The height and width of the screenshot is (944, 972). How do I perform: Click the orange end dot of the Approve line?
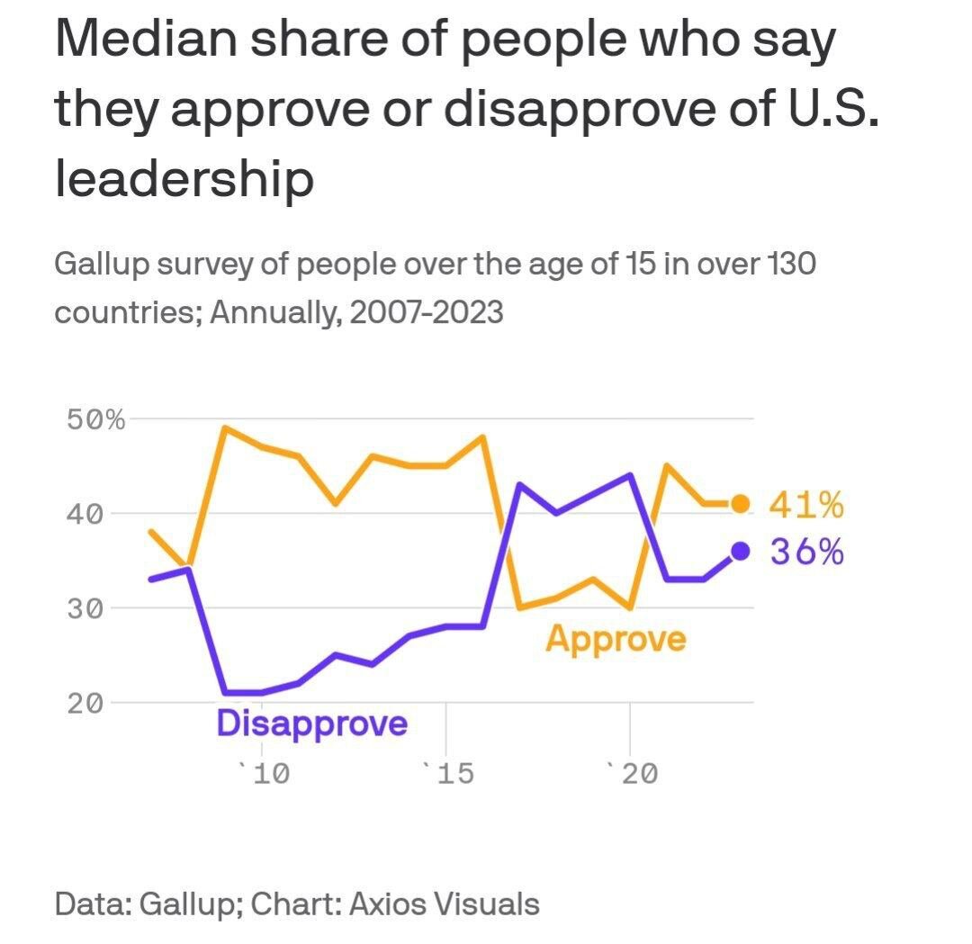pos(740,504)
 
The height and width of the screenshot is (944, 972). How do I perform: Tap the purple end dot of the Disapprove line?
pos(740,552)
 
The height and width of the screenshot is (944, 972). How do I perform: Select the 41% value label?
pos(806,506)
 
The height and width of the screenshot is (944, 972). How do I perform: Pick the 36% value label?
pos(806,552)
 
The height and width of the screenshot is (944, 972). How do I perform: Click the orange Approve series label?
pos(616,640)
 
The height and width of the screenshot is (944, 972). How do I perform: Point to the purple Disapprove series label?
pos(311,723)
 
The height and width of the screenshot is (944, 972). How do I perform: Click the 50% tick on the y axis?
pos(95,419)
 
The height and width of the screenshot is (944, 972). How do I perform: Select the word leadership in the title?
pos(184,180)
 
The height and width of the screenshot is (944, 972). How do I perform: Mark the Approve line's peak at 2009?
pos(225,427)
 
